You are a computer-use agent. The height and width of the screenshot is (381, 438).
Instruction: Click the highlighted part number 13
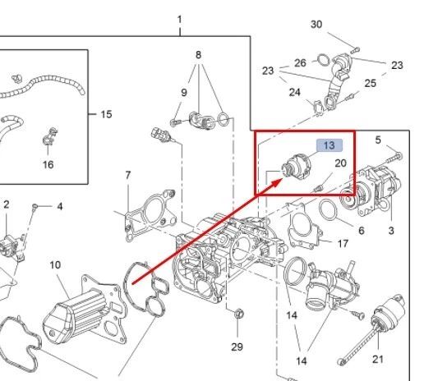coord(330,145)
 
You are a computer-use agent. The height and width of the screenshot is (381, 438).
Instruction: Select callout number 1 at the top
coord(180,19)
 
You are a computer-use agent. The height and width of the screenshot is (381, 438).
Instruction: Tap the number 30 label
coord(316,25)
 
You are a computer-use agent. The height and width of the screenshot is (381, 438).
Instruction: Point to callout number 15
coord(106,114)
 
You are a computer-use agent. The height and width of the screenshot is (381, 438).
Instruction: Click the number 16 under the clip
coord(48,164)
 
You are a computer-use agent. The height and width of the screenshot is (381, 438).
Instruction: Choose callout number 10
coord(55,264)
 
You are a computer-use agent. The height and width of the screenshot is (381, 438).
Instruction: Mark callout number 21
coord(378,359)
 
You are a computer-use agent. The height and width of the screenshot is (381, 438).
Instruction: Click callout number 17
coord(343,243)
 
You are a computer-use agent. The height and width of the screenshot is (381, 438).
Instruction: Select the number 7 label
coord(127,175)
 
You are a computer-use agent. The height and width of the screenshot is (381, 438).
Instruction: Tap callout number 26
coord(300,63)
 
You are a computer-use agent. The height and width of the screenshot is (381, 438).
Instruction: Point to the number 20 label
coord(340,163)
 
